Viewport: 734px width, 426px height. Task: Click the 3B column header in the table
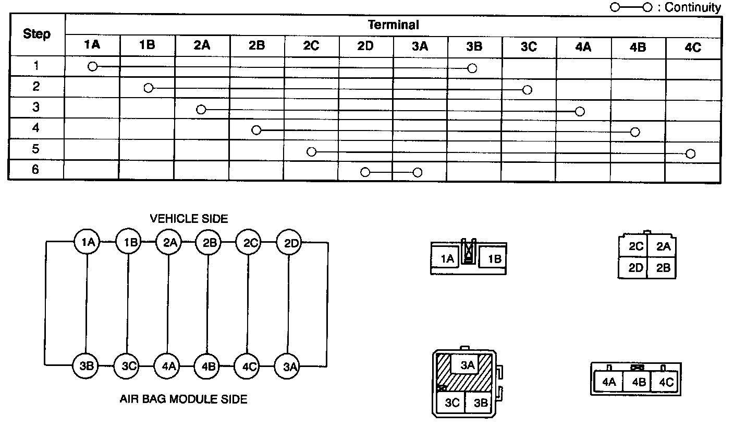pos(474,46)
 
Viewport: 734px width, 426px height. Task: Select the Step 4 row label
pos(35,128)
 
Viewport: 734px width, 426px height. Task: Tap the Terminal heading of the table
pos(394,25)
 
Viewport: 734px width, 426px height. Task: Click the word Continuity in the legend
pos(693,7)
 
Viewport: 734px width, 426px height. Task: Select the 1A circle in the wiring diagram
pos(87,243)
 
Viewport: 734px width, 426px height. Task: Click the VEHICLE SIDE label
pos(189,219)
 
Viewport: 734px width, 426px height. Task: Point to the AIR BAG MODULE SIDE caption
pos(184,399)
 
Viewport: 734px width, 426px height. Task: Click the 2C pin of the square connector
pos(636,246)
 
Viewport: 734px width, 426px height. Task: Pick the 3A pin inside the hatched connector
pos(468,365)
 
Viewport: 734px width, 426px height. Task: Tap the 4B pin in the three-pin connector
pos(639,382)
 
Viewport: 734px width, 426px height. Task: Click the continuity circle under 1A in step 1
pos(93,66)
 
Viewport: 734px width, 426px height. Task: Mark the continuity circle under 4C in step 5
pos(691,153)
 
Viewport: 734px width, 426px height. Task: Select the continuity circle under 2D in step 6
pos(365,172)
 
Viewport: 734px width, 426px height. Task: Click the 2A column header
pos(202,46)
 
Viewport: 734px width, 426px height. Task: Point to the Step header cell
pos(37,35)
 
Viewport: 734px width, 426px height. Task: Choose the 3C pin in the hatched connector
pos(451,403)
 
